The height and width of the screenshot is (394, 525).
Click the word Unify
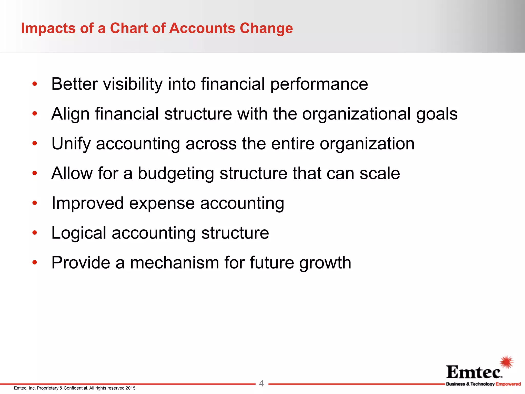[71, 144]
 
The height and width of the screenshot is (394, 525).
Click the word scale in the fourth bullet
[380, 173]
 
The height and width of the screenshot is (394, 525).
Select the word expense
[162, 203]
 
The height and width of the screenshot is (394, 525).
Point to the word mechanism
[174, 263]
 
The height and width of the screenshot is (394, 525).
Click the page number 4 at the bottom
[261, 383]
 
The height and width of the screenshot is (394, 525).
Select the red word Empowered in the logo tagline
[508, 384]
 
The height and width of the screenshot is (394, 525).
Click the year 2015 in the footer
[130, 388]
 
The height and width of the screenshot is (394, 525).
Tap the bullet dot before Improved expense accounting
[35, 203]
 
